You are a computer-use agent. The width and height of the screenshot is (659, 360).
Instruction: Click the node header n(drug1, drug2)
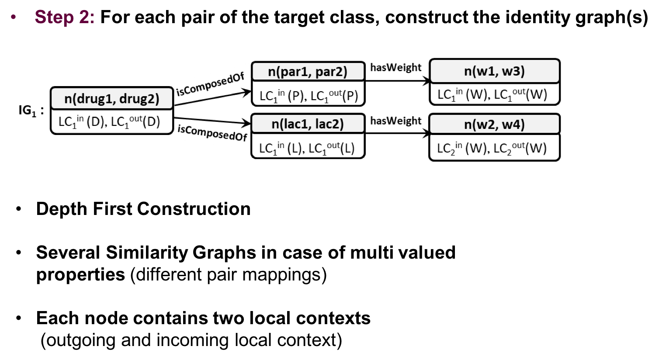pyautogui.click(x=112, y=99)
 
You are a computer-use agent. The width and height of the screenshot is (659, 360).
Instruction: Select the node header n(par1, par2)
pyautogui.click(x=308, y=72)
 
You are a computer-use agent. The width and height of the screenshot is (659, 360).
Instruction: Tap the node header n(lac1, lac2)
pyautogui.click(x=308, y=124)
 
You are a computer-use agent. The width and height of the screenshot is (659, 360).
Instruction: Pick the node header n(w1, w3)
pyautogui.click(x=495, y=71)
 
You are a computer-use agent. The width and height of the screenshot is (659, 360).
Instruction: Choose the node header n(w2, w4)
pyautogui.click(x=495, y=124)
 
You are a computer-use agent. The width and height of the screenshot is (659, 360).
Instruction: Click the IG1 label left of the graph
pyautogui.click(x=31, y=111)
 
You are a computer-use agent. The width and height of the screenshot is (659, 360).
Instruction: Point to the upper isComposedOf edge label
pyautogui.click(x=210, y=84)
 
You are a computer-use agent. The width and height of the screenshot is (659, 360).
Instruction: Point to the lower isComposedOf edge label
pyautogui.click(x=212, y=133)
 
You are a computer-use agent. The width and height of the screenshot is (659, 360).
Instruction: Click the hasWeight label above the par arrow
pyautogui.click(x=395, y=68)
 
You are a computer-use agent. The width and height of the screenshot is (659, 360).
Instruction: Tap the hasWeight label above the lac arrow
pyautogui.click(x=395, y=121)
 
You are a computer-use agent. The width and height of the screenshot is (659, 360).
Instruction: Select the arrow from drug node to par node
pyautogui.click(x=212, y=98)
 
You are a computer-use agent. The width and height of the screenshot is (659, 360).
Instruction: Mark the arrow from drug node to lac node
pyautogui.click(x=212, y=121)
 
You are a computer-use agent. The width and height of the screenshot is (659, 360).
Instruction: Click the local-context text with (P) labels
pyautogui.click(x=309, y=96)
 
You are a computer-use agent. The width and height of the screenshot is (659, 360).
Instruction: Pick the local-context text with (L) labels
pyautogui.click(x=307, y=148)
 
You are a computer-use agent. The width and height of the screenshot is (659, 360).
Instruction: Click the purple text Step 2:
pyautogui.click(x=65, y=17)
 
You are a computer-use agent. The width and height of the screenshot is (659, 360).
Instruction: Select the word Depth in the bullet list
pyautogui.click(x=62, y=209)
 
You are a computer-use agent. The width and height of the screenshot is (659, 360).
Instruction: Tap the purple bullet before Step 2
pyautogui.click(x=13, y=17)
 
